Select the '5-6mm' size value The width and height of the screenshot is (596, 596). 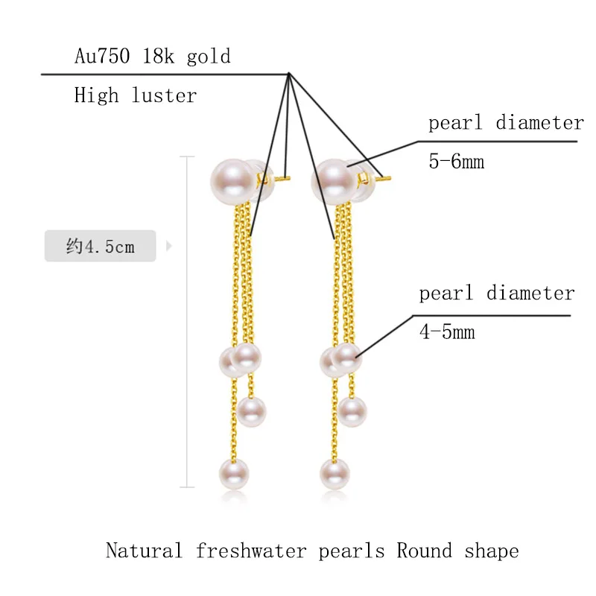456,162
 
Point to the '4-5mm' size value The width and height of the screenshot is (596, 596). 447,332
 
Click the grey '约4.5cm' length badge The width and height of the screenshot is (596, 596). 101,246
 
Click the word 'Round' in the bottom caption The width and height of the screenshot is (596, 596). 424,551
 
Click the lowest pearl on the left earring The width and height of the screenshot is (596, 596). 233,474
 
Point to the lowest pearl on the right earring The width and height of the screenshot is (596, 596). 335,474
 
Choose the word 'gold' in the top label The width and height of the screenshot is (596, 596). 209,57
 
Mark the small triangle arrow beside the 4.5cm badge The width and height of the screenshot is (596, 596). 168,246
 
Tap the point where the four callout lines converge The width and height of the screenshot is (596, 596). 288,74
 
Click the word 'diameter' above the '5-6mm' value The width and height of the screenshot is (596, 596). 539,123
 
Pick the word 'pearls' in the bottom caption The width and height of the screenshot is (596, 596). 352,551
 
